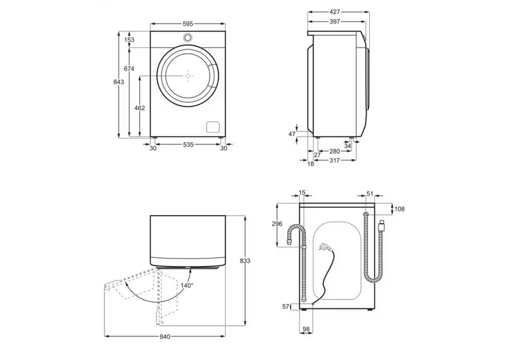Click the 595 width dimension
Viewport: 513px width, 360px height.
click(x=188, y=23)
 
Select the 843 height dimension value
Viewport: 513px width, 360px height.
click(x=119, y=82)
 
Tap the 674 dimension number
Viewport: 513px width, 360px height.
click(x=129, y=69)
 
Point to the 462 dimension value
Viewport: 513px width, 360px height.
click(x=139, y=107)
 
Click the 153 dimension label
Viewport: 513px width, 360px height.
click(x=129, y=40)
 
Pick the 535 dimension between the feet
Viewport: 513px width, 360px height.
click(x=188, y=144)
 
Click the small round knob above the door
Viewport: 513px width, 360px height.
click(x=188, y=38)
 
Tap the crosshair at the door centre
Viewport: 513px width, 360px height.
click(x=188, y=75)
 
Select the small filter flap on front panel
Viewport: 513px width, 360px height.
click(x=213, y=127)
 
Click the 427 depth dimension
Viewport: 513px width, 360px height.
click(x=335, y=12)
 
